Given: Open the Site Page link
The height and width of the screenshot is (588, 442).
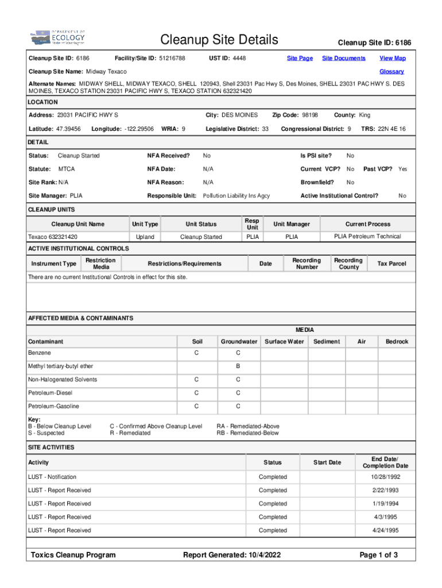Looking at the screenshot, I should (x=300, y=58).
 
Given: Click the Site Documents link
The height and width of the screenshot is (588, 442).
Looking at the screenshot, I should (x=343, y=58).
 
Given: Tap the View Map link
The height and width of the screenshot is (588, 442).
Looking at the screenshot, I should (x=392, y=58).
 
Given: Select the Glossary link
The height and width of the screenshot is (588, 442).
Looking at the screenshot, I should (x=391, y=72).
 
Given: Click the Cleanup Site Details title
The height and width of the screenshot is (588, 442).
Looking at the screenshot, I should (x=219, y=40).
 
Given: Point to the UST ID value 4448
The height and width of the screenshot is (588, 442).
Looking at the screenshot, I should (x=239, y=58).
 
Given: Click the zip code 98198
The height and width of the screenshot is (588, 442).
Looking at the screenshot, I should (x=311, y=115).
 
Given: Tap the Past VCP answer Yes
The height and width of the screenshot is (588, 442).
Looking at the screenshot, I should (x=402, y=169).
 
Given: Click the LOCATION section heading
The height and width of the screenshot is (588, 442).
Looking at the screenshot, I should (x=43, y=102).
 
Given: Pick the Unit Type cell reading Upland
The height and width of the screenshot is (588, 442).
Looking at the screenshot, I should (x=145, y=237).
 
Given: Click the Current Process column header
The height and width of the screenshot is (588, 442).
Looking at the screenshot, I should (x=367, y=224).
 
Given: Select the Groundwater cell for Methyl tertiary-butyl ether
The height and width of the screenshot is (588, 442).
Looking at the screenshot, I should (x=238, y=366).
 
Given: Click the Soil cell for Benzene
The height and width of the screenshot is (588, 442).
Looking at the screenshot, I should (x=196, y=352).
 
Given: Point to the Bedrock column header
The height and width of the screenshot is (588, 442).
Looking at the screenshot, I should (x=397, y=341).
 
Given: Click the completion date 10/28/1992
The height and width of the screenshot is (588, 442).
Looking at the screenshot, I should (x=385, y=477).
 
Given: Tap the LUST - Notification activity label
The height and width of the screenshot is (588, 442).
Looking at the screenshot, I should (x=52, y=477).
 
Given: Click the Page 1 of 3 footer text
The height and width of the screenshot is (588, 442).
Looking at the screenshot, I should (x=378, y=555).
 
